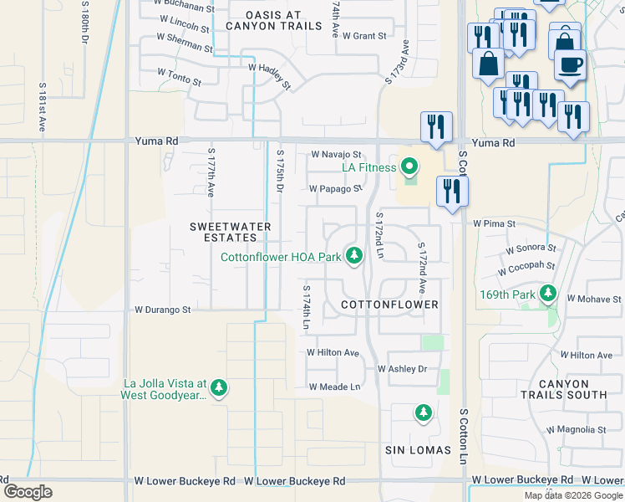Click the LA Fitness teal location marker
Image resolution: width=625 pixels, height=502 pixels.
[x=409, y=169]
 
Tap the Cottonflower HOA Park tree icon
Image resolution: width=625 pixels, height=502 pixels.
[x=354, y=256]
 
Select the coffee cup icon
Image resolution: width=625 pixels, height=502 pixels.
[x=570, y=64]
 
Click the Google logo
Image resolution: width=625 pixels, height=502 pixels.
[x=28, y=492]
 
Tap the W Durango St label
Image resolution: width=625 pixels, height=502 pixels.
[x=163, y=309]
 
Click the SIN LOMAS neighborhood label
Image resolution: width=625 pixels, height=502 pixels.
[x=418, y=450]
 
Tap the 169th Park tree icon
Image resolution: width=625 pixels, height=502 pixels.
[x=548, y=294]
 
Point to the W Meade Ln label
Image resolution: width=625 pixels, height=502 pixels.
[x=334, y=387]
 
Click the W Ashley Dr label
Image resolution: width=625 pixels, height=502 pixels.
[x=402, y=369]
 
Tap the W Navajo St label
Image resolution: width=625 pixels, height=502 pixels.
[x=336, y=155]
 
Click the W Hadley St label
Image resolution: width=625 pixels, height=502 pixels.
[x=269, y=75]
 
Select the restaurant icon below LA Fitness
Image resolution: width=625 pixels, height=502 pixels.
[x=452, y=192]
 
